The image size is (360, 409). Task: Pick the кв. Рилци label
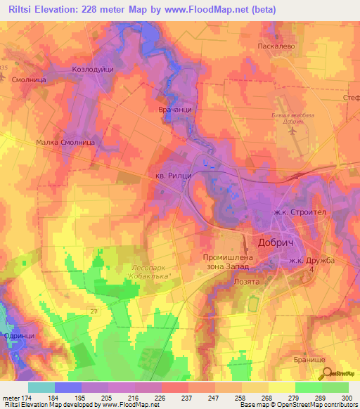(x=173, y=175)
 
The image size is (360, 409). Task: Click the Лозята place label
(x=246, y=280)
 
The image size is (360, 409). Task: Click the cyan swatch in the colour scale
(x=41, y=387)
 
